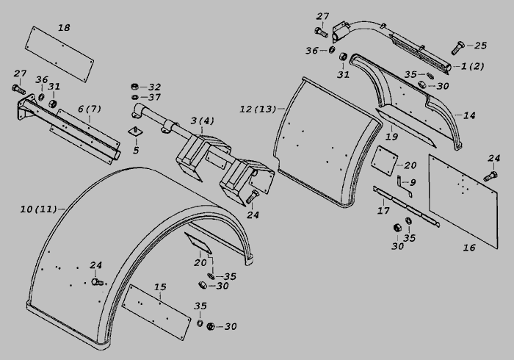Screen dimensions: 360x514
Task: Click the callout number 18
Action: (65, 28)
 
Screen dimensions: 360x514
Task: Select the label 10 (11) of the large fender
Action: (37, 209)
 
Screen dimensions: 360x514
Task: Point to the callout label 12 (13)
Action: (257, 109)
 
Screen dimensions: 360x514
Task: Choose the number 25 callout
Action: (480, 46)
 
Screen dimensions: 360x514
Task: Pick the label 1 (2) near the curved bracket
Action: (473, 66)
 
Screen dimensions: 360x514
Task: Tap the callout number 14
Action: (469, 115)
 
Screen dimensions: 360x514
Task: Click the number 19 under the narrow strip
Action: (391, 137)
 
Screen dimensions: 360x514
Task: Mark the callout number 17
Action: (383, 212)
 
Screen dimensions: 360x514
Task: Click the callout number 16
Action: (469, 248)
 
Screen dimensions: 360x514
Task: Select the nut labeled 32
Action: (136, 87)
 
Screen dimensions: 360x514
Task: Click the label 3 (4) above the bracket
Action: (202, 120)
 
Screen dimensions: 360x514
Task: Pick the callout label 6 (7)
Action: (89, 109)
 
